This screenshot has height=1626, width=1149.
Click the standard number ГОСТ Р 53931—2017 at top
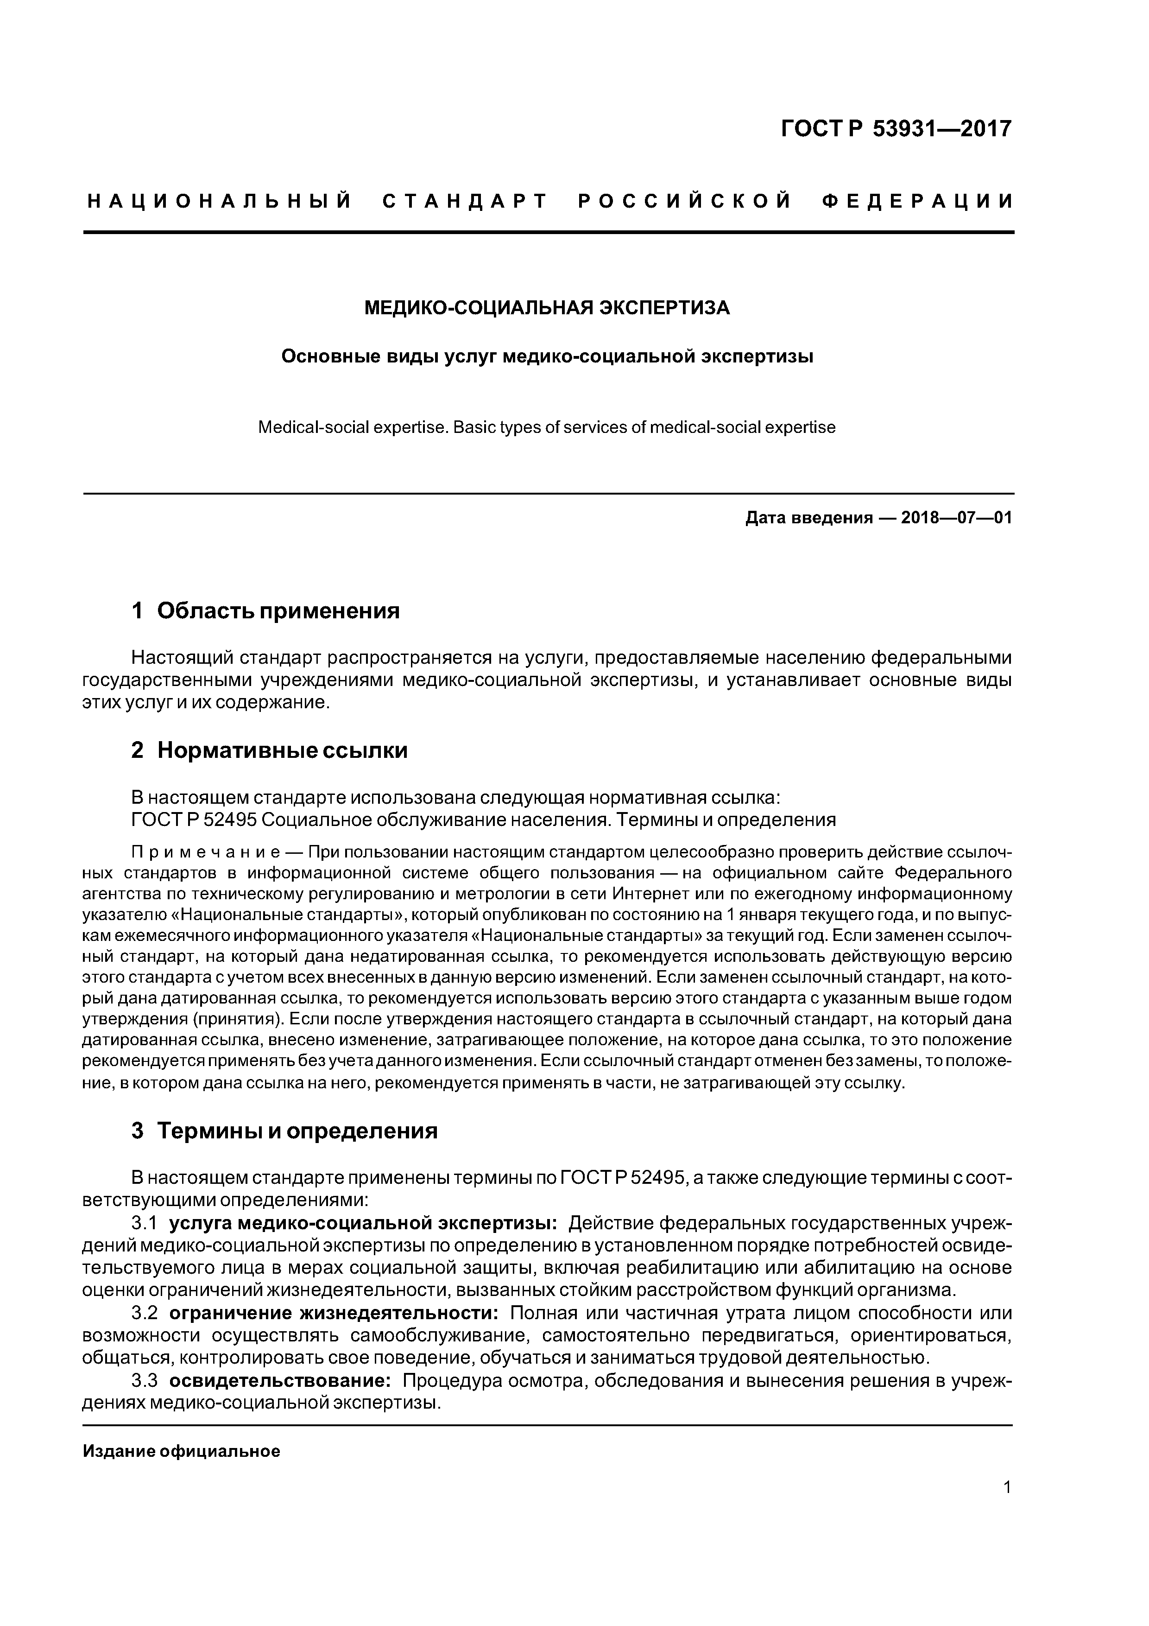[896, 129]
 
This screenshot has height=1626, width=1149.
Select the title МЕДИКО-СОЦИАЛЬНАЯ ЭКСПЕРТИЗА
[547, 308]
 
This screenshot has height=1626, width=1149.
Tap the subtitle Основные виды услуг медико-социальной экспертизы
[547, 356]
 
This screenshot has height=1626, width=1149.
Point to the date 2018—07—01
[956, 518]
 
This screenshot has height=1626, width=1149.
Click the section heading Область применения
[278, 610]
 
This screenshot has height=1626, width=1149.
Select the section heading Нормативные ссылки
[283, 750]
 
